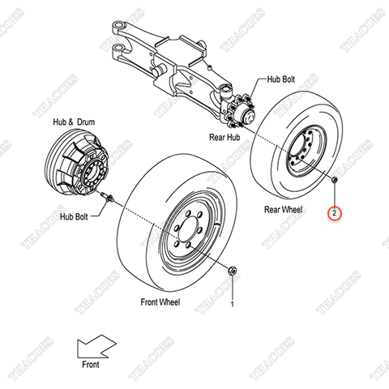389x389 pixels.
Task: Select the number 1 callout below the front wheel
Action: [x=232, y=305]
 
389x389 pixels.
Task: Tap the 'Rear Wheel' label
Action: [x=283, y=208]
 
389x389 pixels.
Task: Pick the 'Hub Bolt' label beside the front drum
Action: [x=78, y=217]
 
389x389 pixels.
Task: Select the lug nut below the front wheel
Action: [x=232, y=271]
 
